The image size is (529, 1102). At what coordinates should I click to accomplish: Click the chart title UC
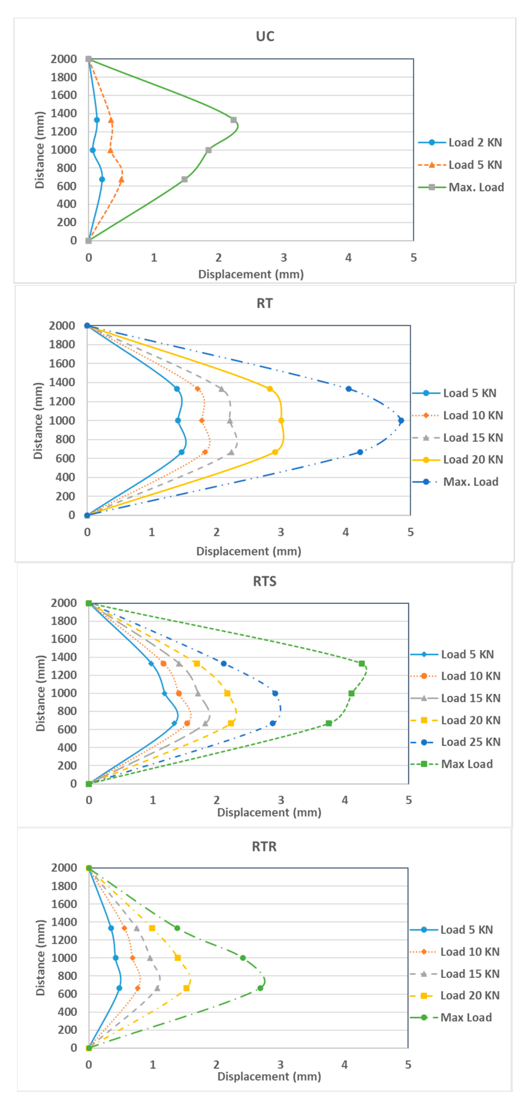pos(265,36)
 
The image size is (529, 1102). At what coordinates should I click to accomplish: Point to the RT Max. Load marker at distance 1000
pos(401,420)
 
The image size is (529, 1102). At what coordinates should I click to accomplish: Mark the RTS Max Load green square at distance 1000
pos(351,694)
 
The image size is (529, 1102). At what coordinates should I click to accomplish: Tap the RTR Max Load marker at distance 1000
pos(242,958)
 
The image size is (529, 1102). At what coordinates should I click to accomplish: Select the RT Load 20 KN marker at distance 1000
pos(281,420)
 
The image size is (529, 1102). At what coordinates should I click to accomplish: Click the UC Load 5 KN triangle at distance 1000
pos(110,150)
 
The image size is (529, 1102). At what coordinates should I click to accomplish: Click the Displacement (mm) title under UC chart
pos(251,274)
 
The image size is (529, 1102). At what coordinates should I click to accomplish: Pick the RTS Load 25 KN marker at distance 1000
pos(275,694)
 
